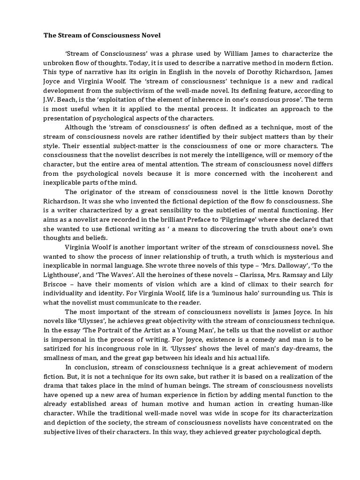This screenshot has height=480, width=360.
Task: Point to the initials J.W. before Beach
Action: [51, 100]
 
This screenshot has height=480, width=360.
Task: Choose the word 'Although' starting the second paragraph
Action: [79, 127]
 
